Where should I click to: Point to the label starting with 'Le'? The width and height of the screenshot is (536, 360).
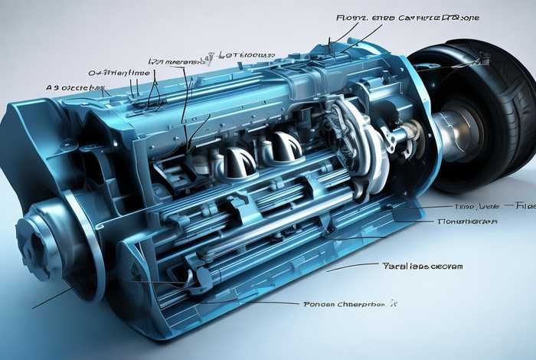[246, 55]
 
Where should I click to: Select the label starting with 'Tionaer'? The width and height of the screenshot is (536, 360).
[467, 221]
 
